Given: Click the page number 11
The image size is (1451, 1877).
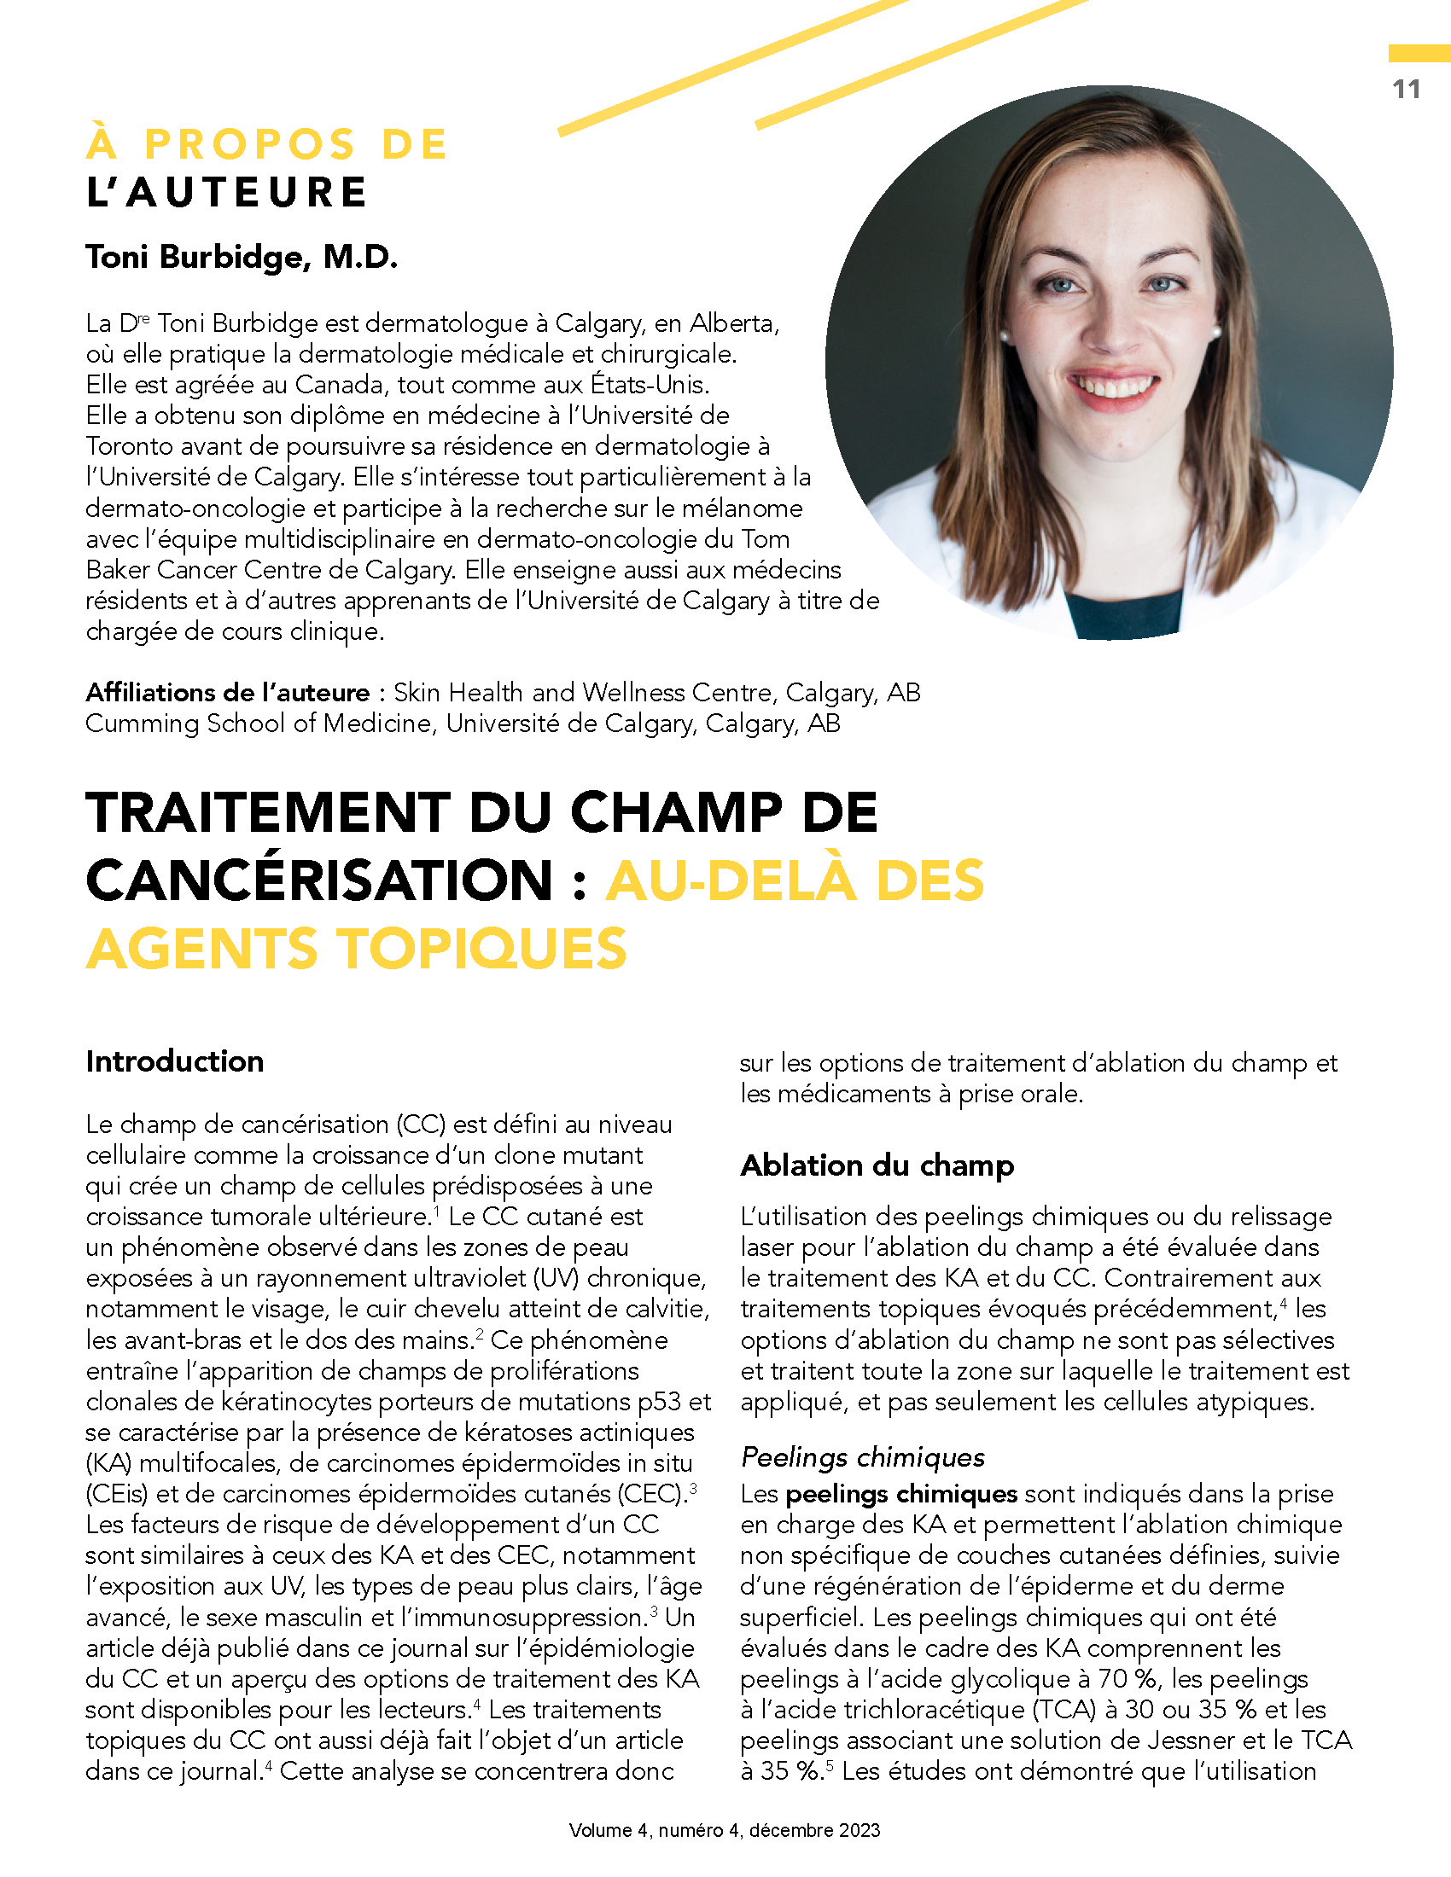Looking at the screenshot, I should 1406,90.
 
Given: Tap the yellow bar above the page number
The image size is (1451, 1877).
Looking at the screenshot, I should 1419,53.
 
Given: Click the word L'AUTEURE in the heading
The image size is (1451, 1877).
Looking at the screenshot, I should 227,192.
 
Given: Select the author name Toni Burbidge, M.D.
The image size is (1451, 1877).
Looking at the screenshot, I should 242,257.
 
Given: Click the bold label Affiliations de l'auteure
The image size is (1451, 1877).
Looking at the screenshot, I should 228,693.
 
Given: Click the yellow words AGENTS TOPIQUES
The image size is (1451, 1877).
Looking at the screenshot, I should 357,949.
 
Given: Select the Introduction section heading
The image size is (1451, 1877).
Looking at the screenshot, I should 174,1061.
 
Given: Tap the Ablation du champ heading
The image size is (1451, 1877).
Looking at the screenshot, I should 877,1165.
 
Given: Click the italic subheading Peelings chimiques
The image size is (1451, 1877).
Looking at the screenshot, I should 862,1457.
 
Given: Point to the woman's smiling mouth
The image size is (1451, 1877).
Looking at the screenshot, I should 1113,384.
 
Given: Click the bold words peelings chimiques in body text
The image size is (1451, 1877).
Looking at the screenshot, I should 900,1495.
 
